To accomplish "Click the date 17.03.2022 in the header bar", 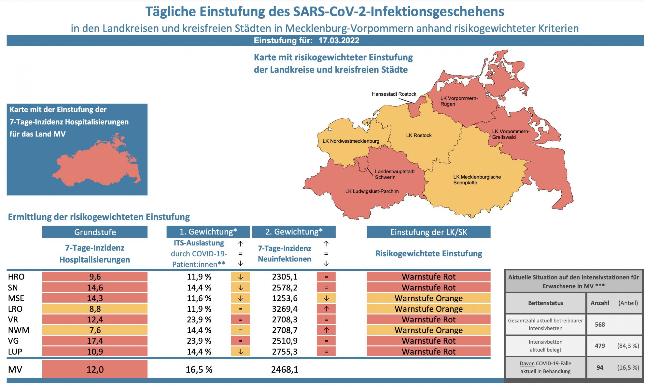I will pos(339,41).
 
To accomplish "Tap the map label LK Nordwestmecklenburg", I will pos(351,141).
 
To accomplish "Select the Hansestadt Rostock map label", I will pos(394,94).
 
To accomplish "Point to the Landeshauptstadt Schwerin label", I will pos(395,174).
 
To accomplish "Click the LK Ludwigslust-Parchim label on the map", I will pos(372,191).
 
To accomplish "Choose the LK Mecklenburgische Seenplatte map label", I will pos(477,180).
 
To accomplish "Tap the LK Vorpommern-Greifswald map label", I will pos(510,134).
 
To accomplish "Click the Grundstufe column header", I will pos(95,232).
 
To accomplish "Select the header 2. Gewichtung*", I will pos(294,232).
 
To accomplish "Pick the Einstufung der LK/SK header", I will pos(428,232).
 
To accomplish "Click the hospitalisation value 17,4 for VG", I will pos(95,341).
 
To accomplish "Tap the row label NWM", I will pos(19,330).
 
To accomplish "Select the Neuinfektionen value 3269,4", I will pos(284,309).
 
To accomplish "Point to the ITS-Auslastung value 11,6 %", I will pos(199,298).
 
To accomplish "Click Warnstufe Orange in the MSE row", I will pos(428,298).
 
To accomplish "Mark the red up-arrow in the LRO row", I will pos(326,309).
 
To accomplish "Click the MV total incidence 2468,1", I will pos(284,369).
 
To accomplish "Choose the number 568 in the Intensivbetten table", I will pos(600,324).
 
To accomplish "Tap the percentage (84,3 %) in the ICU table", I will pos(628,346).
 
